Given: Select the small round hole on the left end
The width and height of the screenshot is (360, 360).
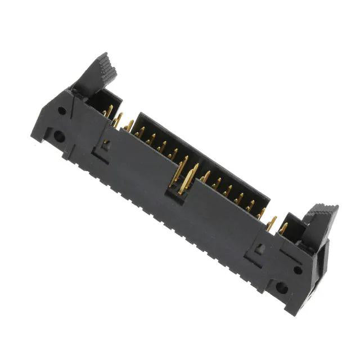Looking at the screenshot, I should pos(62,111).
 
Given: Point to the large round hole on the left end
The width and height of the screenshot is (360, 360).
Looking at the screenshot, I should pos(58,136).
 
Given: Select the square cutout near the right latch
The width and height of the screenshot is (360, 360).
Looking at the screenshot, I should pos(258,247).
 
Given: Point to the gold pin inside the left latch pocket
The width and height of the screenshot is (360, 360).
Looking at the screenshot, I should pos(109,110).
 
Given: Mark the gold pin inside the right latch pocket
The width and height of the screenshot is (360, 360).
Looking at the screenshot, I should pos(283,227).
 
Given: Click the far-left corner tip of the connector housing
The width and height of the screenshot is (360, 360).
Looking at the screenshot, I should pos(33,134).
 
